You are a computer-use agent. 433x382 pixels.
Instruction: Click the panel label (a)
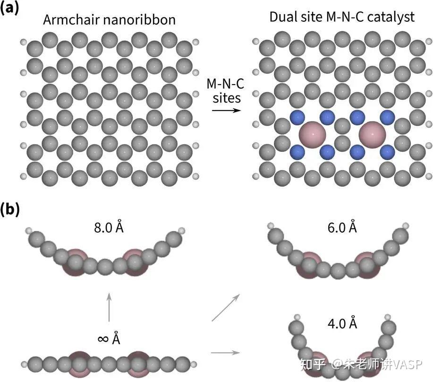[9, 9]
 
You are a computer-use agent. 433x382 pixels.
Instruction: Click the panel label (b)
[9, 209]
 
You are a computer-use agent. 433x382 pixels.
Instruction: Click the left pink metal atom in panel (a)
[312, 134]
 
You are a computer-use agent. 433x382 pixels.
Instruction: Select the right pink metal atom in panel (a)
[373, 134]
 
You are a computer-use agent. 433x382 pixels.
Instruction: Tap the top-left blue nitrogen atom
[297, 117]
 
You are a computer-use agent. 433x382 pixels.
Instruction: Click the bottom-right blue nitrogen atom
[387, 152]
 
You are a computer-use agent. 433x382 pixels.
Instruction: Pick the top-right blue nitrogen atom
[387, 117]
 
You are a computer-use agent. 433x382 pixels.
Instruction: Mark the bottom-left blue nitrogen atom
[297, 152]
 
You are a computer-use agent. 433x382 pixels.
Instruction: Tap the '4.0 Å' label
[342, 324]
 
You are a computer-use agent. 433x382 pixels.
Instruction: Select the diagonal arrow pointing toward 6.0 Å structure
[225, 308]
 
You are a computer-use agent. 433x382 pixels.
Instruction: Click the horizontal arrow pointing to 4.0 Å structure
[225, 352]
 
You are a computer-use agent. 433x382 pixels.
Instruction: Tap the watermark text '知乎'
[313, 364]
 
